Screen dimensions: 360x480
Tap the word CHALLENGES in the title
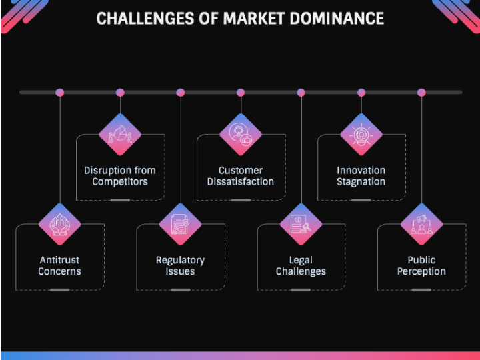(x=143, y=18)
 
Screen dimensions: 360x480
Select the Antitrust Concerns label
(x=60, y=265)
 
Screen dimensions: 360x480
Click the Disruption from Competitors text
(x=120, y=176)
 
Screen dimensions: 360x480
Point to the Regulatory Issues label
(x=180, y=265)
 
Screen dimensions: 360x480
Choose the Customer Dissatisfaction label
(x=241, y=176)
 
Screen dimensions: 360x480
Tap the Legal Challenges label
(x=301, y=265)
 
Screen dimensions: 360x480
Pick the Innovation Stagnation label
(x=361, y=176)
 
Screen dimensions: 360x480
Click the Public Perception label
(x=421, y=265)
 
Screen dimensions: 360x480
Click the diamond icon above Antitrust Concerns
(x=60, y=225)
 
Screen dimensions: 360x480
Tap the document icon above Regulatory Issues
(x=180, y=225)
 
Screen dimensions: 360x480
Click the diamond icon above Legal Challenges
(x=301, y=225)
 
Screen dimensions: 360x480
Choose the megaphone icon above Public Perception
(x=421, y=225)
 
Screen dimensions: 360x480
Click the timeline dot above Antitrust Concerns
(x=60, y=92)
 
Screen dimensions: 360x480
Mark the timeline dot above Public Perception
(x=421, y=92)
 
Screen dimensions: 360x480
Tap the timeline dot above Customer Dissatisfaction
(x=241, y=92)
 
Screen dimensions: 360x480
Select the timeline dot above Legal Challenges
(x=301, y=92)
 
